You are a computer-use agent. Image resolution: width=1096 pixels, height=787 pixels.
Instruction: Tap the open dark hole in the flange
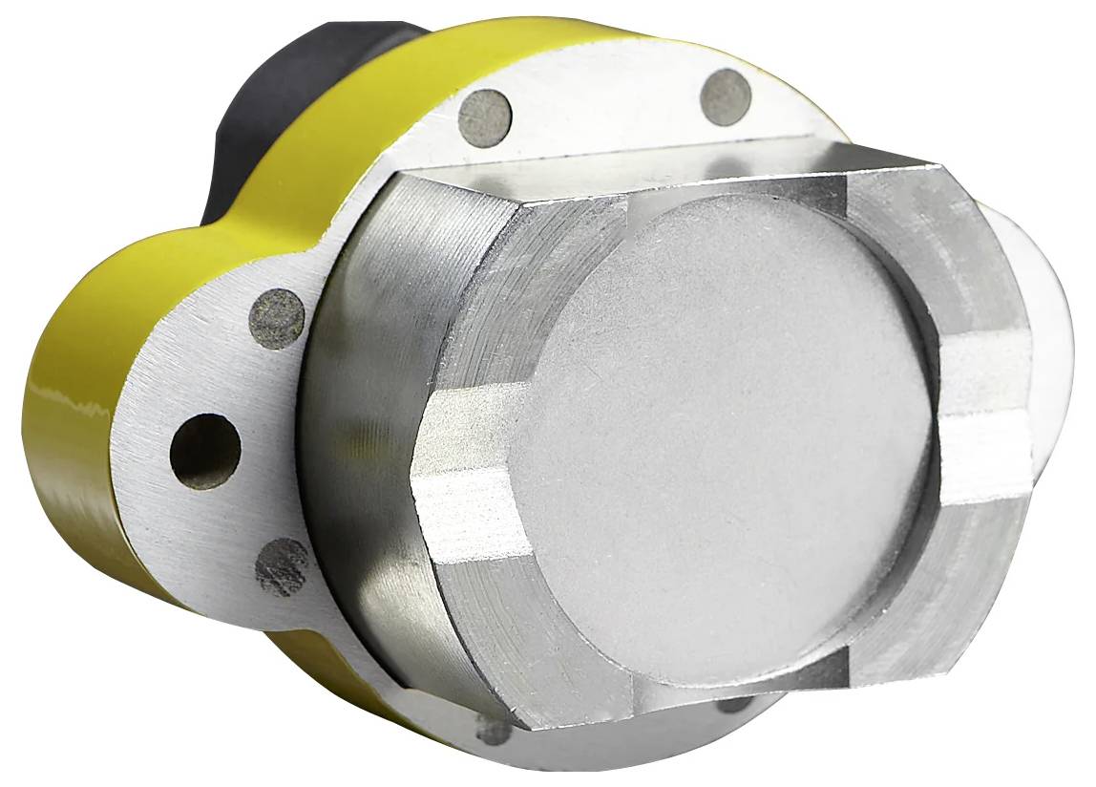click(205, 451)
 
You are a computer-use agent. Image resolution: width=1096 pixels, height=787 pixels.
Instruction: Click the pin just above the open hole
click(277, 318)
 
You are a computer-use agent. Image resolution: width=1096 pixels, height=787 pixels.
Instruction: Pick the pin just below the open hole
click(283, 566)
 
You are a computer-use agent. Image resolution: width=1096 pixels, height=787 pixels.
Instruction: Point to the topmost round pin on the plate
click(727, 97)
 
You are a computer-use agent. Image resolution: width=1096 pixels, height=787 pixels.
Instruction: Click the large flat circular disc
click(726, 439)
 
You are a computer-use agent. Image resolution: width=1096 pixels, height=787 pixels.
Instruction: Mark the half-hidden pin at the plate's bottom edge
click(494, 731)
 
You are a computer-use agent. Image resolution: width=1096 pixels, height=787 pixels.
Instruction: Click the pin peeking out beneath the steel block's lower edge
click(735, 705)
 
